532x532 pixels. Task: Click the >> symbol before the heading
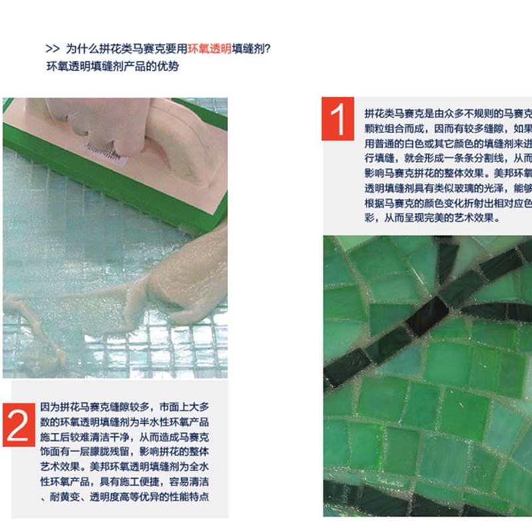coord(52,49)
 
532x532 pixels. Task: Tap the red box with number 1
coord(338,119)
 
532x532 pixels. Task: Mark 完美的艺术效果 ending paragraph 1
coord(465,217)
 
